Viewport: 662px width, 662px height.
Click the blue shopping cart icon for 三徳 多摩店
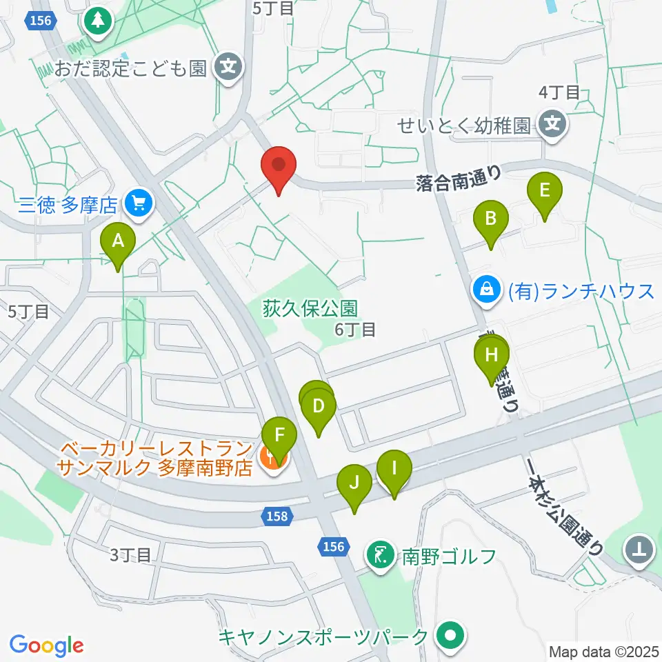tap(139, 205)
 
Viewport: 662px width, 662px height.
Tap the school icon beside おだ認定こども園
tap(228, 68)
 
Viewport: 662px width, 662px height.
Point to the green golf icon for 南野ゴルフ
tap(381, 553)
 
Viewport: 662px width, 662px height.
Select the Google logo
tap(47, 645)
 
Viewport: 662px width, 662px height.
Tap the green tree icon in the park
tap(98, 21)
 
